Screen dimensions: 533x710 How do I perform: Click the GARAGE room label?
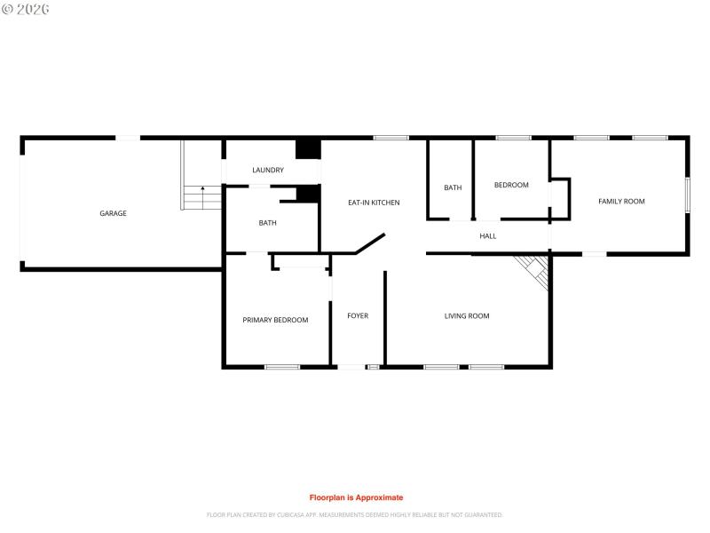click(x=113, y=213)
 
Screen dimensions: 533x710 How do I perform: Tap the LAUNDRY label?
click(x=268, y=170)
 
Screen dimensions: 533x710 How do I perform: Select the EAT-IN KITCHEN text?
click(x=374, y=203)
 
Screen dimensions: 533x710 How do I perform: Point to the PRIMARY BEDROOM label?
click(x=275, y=320)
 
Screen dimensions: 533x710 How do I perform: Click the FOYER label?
click(x=358, y=315)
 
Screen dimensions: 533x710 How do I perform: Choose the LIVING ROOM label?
click(x=467, y=315)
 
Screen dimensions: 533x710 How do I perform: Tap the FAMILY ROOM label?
click(x=621, y=202)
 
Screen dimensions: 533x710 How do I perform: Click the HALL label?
click(x=488, y=236)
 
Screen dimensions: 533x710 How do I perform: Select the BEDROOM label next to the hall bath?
click(x=511, y=185)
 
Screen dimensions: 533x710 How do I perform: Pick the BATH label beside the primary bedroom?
click(x=268, y=223)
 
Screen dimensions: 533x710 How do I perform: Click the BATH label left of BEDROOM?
click(x=453, y=187)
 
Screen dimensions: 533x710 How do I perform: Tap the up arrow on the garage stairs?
click(x=202, y=189)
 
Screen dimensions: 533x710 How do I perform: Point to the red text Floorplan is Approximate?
click(x=356, y=497)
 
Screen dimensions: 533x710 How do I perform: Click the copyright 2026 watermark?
click(x=26, y=9)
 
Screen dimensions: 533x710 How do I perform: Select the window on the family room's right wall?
click(x=687, y=195)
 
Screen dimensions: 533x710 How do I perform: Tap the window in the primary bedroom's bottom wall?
click(x=282, y=366)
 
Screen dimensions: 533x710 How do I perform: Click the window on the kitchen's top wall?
click(x=390, y=138)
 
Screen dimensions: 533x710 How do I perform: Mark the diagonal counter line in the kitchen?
click(x=369, y=244)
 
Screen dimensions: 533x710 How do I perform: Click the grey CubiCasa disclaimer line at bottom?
click(x=355, y=514)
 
